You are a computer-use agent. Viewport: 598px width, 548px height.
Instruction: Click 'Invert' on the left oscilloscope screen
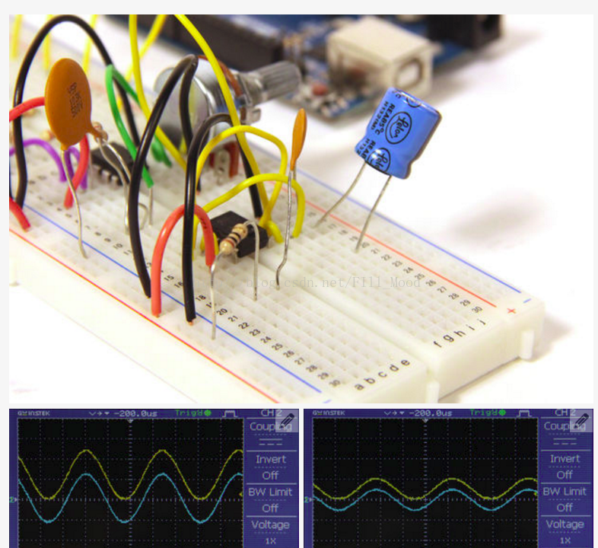click(x=271, y=459)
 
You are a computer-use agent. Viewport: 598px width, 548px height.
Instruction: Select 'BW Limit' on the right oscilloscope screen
click(x=564, y=492)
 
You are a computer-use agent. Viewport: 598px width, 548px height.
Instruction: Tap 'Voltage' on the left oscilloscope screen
click(x=270, y=524)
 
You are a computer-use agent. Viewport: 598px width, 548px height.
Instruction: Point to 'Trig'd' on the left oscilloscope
click(x=190, y=413)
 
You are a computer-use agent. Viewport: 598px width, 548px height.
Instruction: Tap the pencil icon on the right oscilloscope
click(x=581, y=420)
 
